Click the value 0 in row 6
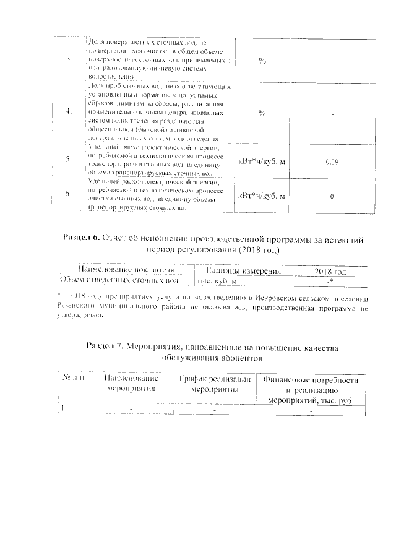point(332,196)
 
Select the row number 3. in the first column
point(67,60)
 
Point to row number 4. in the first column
point(67,112)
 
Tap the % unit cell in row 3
point(262,61)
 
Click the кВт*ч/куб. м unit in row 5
point(261,162)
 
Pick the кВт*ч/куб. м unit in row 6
point(261,196)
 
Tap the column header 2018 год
point(330,271)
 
